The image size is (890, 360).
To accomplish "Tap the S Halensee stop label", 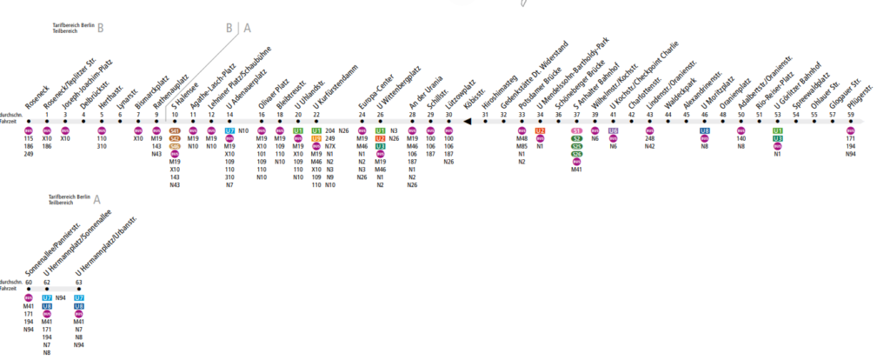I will click(x=180, y=100).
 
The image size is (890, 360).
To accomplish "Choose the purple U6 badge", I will click(x=614, y=130).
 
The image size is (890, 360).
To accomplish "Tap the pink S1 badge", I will click(x=576, y=130).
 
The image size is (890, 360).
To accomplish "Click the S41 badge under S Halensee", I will click(x=175, y=130).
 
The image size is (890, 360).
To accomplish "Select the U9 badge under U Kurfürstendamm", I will click(x=316, y=138).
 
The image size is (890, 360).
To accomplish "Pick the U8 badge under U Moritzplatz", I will click(x=705, y=130).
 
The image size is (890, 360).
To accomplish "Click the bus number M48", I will click(x=522, y=138).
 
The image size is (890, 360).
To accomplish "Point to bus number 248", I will click(x=650, y=138).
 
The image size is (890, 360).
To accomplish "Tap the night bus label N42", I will click(x=650, y=146).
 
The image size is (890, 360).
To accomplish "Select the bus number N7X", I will click(x=330, y=146).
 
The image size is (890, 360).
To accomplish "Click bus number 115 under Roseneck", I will click(x=29, y=138).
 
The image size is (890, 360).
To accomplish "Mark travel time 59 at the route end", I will click(x=851, y=115).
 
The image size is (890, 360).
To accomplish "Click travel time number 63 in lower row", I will click(x=79, y=283).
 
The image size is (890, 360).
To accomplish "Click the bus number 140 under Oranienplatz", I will click(x=741, y=138).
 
